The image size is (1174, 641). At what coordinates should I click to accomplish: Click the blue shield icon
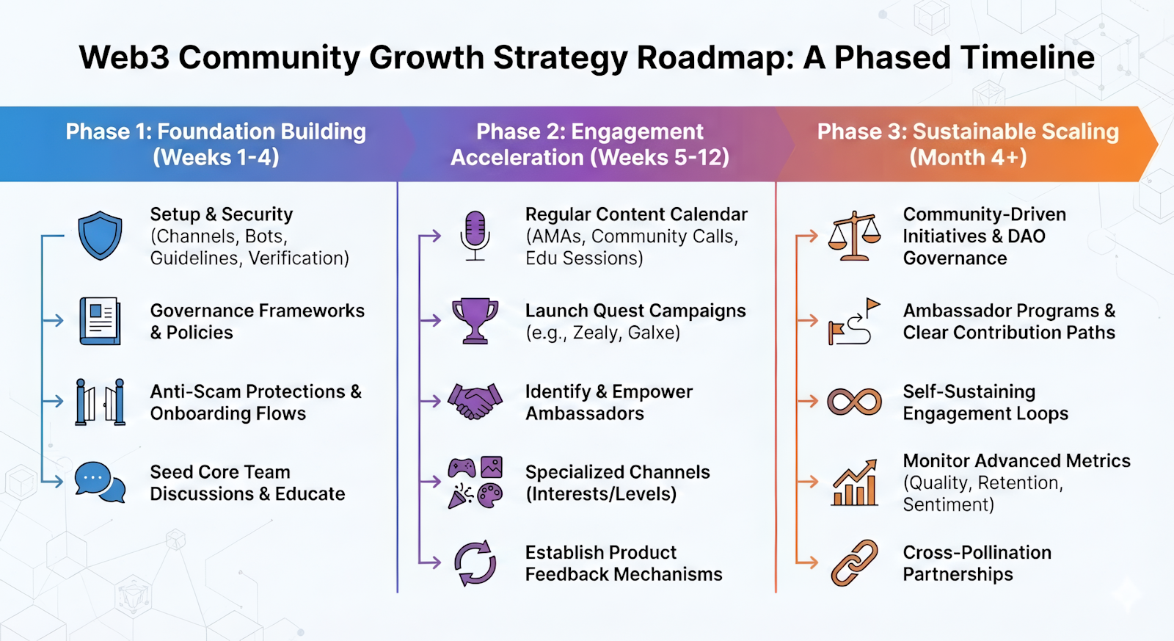(x=100, y=236)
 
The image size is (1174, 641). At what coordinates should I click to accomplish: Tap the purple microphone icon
(x=475, y=236)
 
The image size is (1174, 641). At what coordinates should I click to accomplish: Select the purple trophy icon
(x=475, y=321)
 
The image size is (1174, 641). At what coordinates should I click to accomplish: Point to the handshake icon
(x=475, y=402)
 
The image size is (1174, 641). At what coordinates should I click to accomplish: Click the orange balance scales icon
(x=854, y=236)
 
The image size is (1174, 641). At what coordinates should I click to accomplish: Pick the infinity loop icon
(x=854, y=402)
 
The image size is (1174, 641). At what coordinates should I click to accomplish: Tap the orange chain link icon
(x=854, y=563)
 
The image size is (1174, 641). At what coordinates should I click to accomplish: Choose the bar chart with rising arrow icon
(x=854, y=482)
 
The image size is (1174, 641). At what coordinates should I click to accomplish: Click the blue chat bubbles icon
(x=100, y=482)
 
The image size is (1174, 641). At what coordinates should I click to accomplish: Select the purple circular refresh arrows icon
(x=475, y=563)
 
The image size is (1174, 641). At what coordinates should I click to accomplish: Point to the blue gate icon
(x=100, y=402)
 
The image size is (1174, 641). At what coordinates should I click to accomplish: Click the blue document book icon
(x=100, y=321)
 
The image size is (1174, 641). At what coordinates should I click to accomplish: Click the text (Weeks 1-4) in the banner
(x=216, y=157)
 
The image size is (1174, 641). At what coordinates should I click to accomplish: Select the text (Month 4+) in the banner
(x=968, y=157)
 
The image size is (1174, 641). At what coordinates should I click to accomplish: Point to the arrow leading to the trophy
(x=430, y=320)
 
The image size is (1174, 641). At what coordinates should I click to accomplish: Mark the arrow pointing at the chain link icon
(x=806, y=562)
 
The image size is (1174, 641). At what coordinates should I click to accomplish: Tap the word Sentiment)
(x=948, y=504)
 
